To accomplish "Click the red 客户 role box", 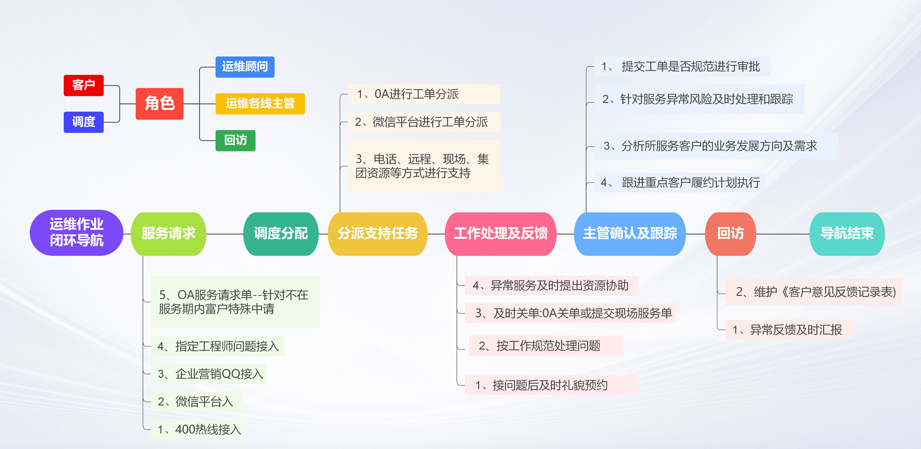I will pyautogui.click(x=83, y=85).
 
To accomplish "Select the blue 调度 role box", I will pyautogui.click(x=83, y=122).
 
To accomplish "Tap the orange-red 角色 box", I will pyautogui.click(x=159, y=104).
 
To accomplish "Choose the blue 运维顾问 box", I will pyautogui.click(x=245, y=67).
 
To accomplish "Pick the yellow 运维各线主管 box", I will pyautogui.click(x=260, y=104).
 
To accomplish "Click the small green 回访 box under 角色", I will pyautogui.click(x=235, y=140).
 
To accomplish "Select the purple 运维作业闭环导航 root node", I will pyautogui.click(x=76, y=233).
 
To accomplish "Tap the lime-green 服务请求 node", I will pyautogui.click(x=168, y=234).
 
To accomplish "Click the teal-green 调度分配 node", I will pyautogui.click(x=281, y=234).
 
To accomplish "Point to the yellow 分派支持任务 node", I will pyautogui.click(x=377, y=234).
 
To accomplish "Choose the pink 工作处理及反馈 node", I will pyautogui.click(x=500, y=234).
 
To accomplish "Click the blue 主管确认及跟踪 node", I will pyautogui.click(x=630, y=234).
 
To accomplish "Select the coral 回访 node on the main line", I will pyautogui.click(x=730, y=234).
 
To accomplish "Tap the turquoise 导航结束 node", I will pyautogui.click(x=847, y=234).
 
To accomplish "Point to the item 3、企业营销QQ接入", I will pyautogui.click(x=209, y=374).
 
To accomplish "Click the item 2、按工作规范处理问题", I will pyautogui.click(x=545, y=346).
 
